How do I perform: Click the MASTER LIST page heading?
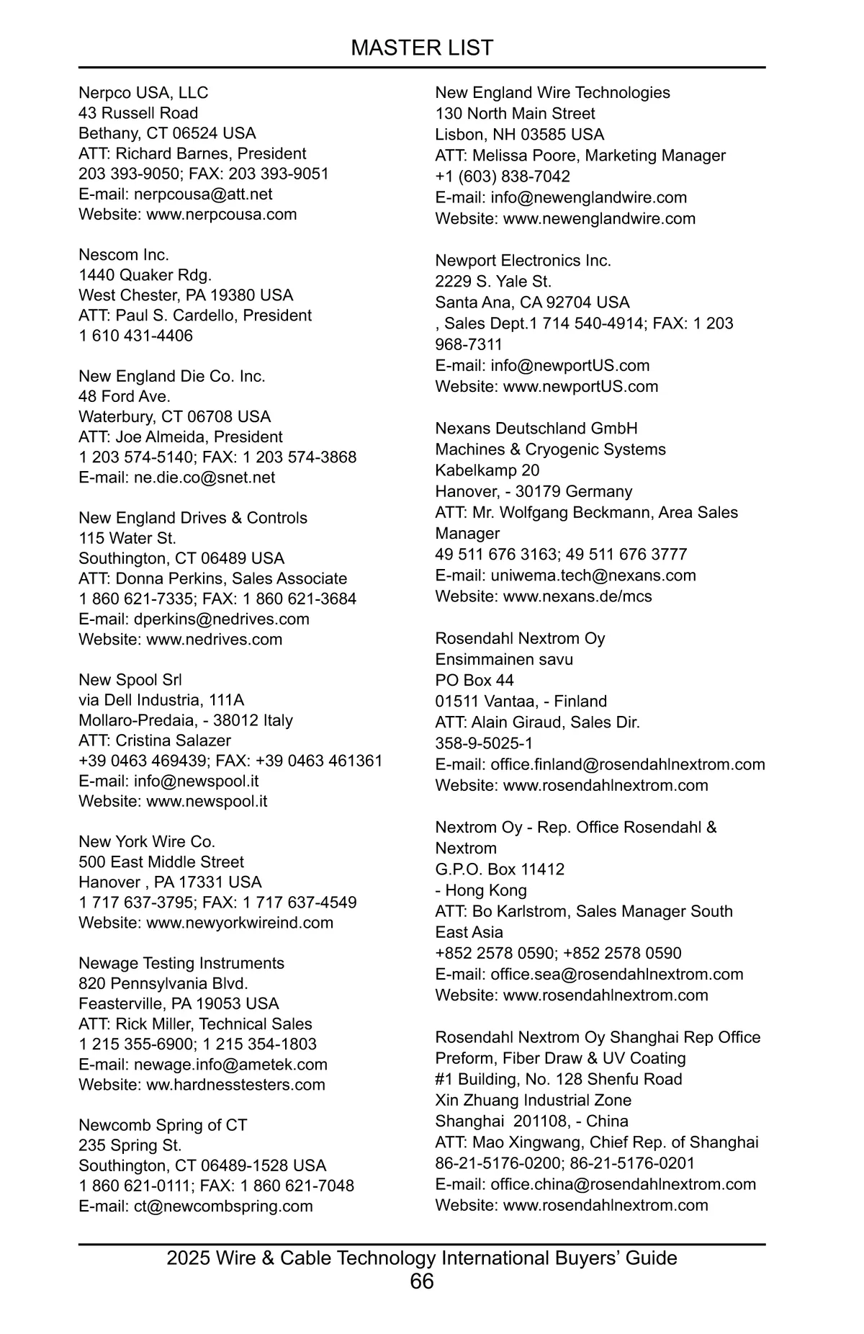[x=422, y=48]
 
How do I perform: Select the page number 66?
[x=422, y=1281]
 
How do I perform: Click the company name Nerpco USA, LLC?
[x=143, y=93]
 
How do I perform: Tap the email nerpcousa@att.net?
[x=203, y=194]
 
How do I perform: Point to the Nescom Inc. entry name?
[x=124, y=255]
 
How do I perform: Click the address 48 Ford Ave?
[x=125, y=396]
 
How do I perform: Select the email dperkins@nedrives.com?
[x=221, y=619]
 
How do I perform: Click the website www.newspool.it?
[x=207, y=801]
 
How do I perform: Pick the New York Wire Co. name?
[x=147, y=841]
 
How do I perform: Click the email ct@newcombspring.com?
[x=223, y=1206]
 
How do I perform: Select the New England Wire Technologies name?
[x=552, y=93]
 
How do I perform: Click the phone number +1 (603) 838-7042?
[x=503, y=176]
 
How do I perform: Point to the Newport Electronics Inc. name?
[x=523, y=261]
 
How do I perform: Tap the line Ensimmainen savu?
[x=504, y=659]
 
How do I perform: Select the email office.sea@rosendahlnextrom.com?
[x=616, y=974]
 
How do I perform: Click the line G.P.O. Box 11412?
[x=500, y=869]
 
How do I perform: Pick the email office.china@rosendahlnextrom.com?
[x=623, y=1184]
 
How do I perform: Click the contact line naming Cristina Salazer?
[x=155, y=740]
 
